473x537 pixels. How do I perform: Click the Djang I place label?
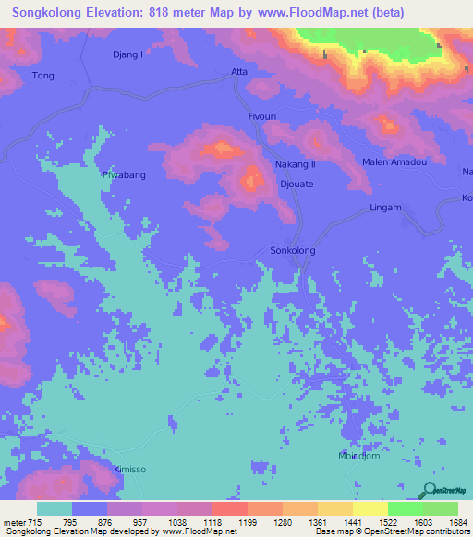(x=127, y=54)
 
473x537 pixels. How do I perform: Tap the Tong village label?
(x=43, y=76)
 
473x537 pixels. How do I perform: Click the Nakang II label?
(x=296, y=164)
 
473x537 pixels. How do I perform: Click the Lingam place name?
(x=385, y=208)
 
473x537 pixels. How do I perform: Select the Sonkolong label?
(x=292, y=250)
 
